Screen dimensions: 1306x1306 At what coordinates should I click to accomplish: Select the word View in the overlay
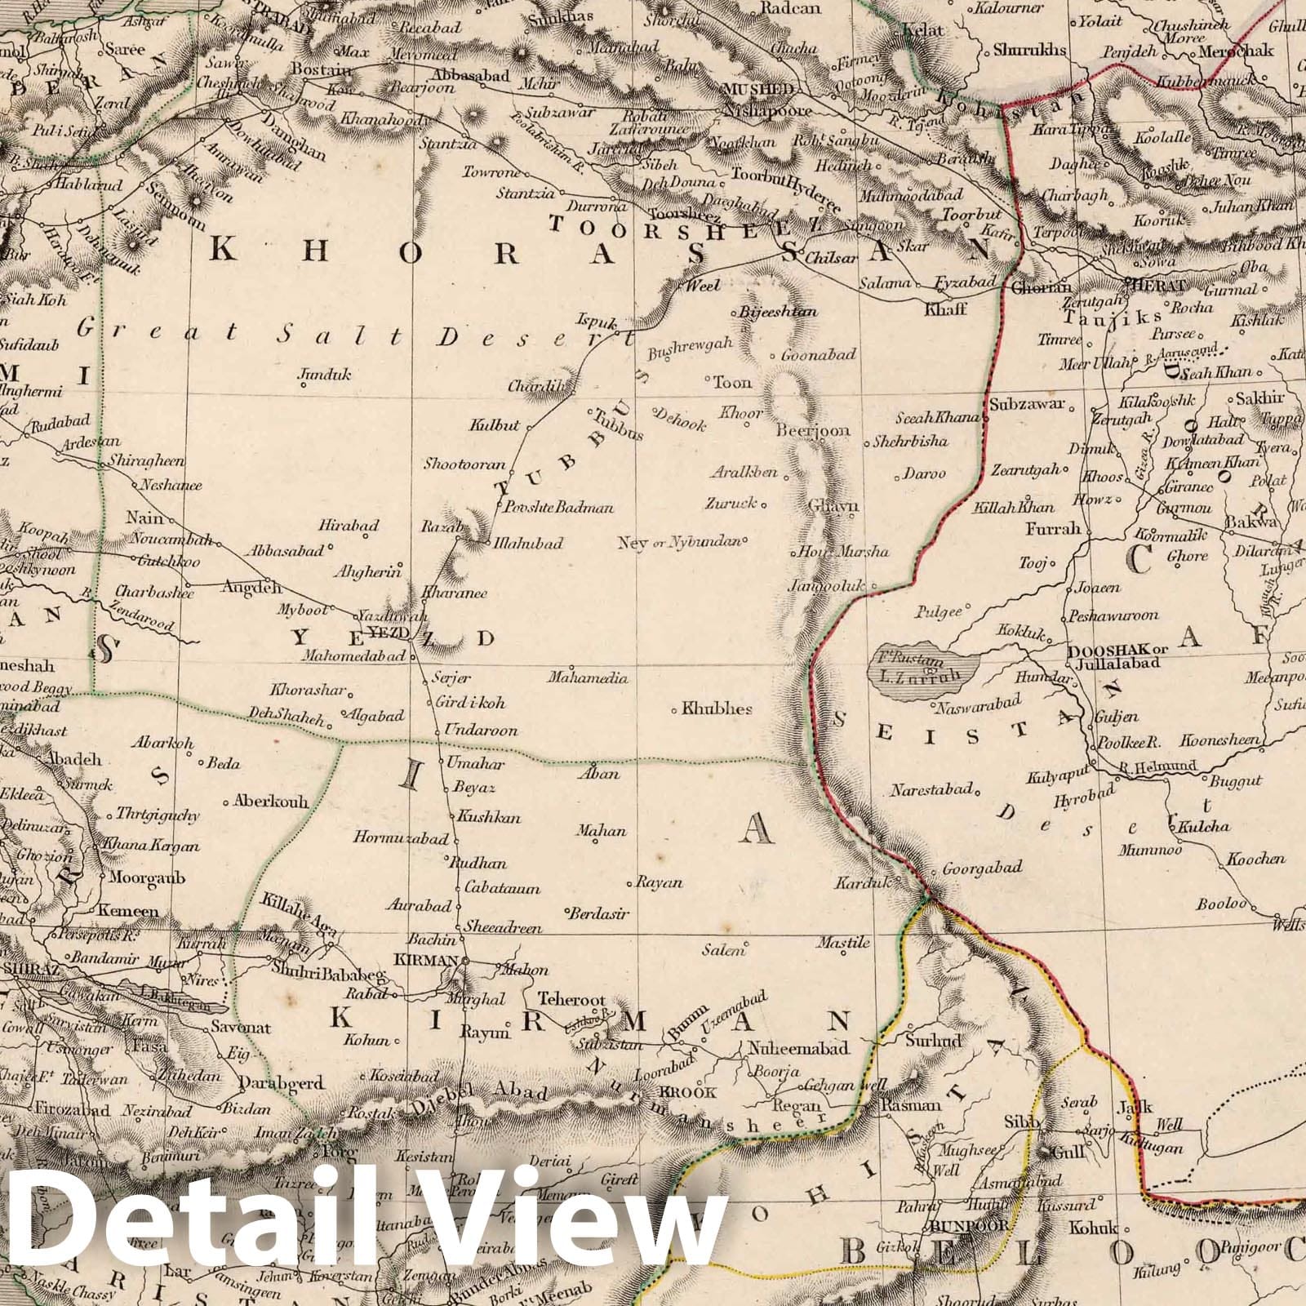(584, 1228)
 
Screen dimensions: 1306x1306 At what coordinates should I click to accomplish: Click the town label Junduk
(325, 375)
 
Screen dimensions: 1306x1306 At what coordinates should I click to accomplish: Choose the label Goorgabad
(982, 868)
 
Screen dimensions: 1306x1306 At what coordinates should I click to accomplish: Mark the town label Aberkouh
(271, 802)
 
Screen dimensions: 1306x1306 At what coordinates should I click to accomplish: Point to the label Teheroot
(571, 1000)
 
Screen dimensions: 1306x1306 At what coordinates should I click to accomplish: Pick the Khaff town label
(945, 309)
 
